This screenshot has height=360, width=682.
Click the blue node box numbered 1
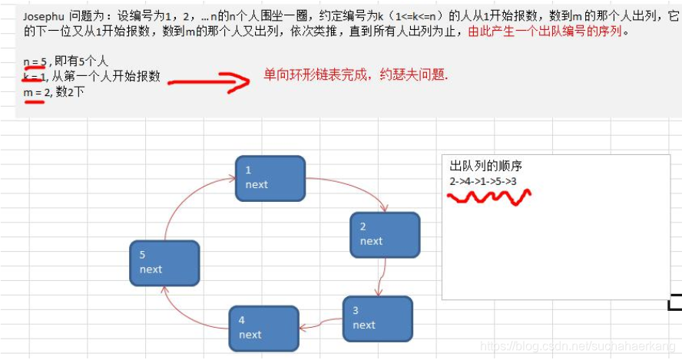click(x=270, y=178)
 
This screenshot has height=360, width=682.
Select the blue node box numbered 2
click(x=384, y=234)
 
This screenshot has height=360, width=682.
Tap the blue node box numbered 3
click(x=377, y=318)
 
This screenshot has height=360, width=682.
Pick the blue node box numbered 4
click(x=263, y=327)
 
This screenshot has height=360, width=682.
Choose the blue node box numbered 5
click(x=164, y=263)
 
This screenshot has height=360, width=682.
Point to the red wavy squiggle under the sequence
click(x=488, y=196)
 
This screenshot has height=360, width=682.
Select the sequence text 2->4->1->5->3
click(x=483, y=180)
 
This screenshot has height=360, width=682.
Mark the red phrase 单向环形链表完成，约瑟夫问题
click(x=356, y=76)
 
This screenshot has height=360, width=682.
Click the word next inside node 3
click(x=364, y=325)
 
